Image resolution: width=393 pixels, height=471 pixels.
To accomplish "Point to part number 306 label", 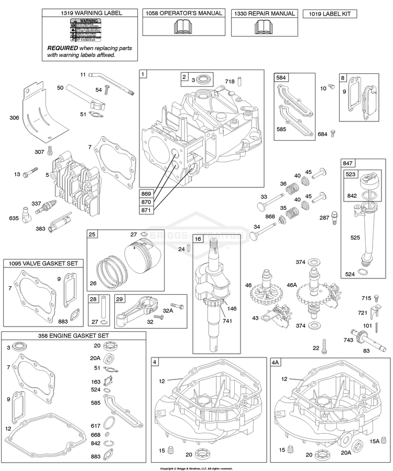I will click(x=14, y=118).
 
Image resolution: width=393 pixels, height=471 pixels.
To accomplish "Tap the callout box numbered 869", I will click(x=148, y=193).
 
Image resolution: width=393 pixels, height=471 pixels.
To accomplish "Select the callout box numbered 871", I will click(x=148, y=209).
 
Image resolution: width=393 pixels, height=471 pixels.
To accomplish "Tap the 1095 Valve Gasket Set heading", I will click(x=43, y=263).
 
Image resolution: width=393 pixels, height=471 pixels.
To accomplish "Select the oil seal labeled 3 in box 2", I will click(x=204, y=79).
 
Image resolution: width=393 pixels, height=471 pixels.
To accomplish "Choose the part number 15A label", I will click(x=374, y=441).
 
